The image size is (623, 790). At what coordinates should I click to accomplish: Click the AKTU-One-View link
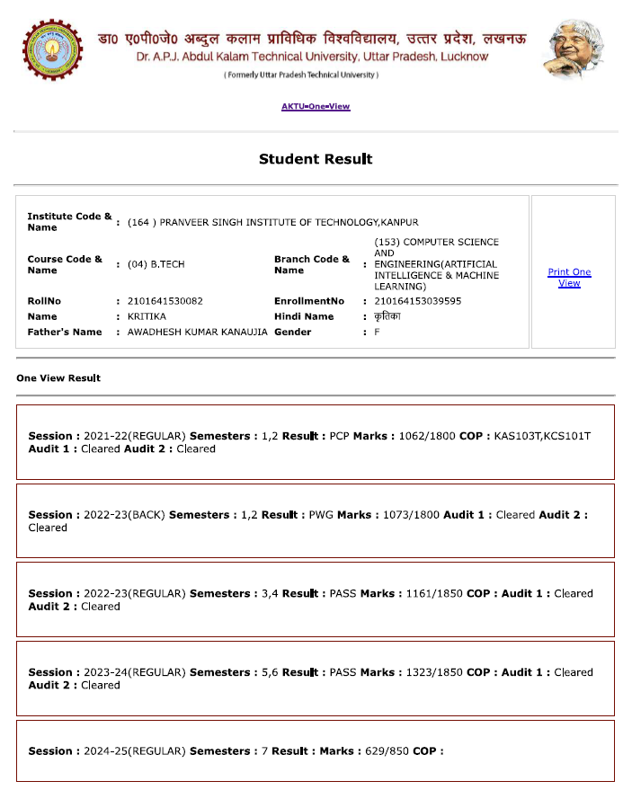coord(316,107)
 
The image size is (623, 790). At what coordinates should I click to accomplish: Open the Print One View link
coord(569,278)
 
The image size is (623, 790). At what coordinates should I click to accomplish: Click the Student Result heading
coord(316,159)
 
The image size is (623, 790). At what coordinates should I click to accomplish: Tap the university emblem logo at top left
coord(51,49)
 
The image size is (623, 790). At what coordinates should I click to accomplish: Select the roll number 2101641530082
coord(165,301)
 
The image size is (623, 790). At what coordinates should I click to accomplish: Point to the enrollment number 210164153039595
coord(418,301)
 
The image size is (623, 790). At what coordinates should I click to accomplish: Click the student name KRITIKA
coord(147,316)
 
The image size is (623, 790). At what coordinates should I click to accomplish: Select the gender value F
coord(378,333)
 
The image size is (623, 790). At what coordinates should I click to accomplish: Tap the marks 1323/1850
coord(431,672)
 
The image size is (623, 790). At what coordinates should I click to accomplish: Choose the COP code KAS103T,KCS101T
coord(539,436)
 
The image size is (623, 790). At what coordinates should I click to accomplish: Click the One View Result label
coord(58,378)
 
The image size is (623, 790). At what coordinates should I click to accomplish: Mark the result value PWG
coord(321,515)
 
